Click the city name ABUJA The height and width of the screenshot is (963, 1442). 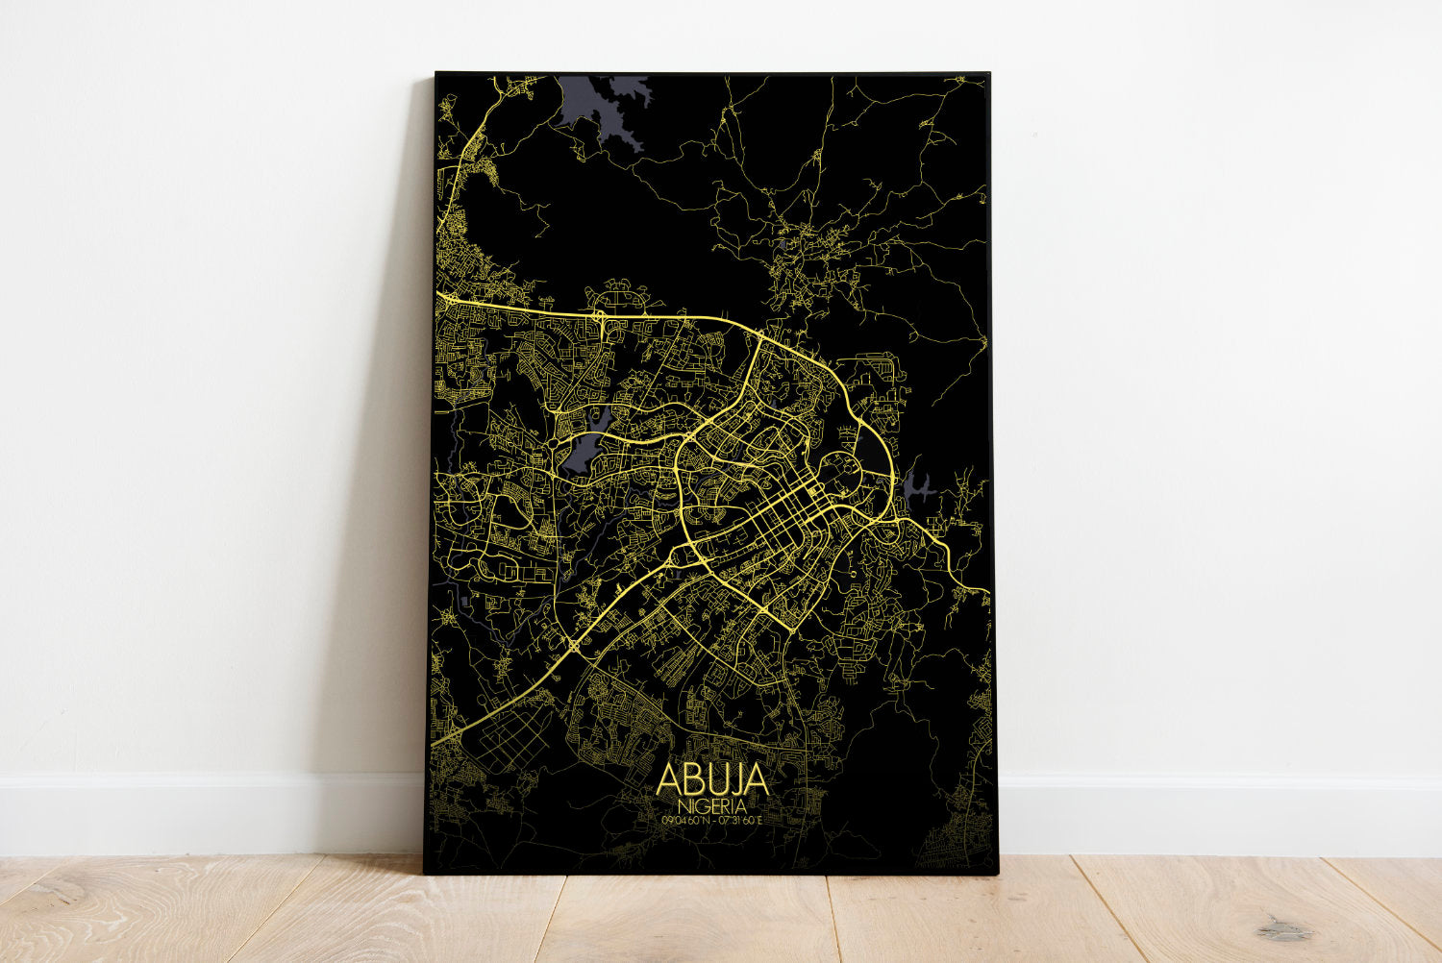711,779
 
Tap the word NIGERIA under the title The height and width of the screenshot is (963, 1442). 711,804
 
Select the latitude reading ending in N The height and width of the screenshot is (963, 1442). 684,820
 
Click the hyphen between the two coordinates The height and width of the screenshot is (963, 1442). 712,820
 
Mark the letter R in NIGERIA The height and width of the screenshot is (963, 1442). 726,804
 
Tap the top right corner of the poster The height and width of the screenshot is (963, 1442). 988,73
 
